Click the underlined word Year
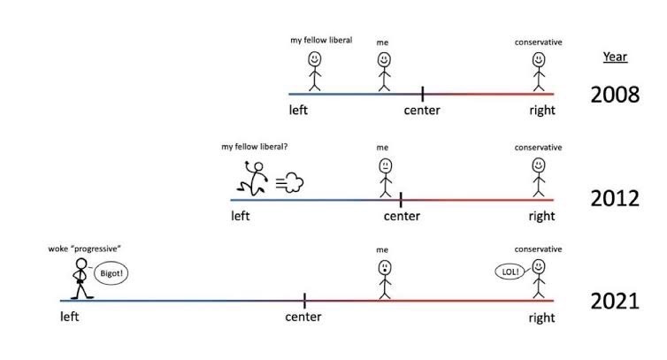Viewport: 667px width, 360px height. (615, 57)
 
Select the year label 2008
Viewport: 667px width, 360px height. (615, 94)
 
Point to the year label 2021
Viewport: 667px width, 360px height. (615, 301)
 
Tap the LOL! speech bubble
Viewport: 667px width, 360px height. (511, 272)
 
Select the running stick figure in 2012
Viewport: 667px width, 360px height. (254, 178)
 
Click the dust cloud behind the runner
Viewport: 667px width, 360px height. (291, 183)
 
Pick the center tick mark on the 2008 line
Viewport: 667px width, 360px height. (422, 93)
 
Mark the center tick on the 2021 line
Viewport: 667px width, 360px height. (304, 301)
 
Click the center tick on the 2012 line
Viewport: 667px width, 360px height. (401, 199)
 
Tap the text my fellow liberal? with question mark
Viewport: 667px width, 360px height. (255, 147)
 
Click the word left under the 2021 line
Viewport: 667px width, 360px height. (70, 317)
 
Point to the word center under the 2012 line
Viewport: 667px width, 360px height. (402, 216)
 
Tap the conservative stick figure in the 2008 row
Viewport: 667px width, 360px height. (538, 71)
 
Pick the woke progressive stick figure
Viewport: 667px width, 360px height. (79, 277)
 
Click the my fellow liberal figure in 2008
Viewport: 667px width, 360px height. (314, 71)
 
